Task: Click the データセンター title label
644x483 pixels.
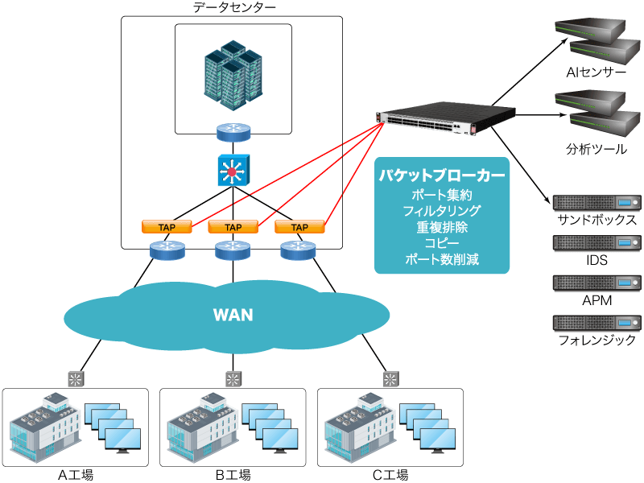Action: point(233,8)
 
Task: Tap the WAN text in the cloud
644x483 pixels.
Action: point(233,314)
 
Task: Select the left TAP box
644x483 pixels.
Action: point(167,227)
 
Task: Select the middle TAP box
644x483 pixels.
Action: point(233,227)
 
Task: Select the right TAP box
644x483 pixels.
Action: point(299,227)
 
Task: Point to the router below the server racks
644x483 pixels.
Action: point(233,131)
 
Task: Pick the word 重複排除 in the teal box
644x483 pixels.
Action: point(442,227)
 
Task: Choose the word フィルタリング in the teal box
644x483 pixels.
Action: point(442,211)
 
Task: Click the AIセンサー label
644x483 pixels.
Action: point(596,72)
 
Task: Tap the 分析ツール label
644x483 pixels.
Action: point(596,149)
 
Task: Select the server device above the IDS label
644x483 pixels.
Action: point(597,242)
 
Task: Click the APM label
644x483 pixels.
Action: point(597,300)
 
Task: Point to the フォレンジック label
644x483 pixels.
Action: point(597,340)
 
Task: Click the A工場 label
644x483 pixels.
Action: point(76,474)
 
